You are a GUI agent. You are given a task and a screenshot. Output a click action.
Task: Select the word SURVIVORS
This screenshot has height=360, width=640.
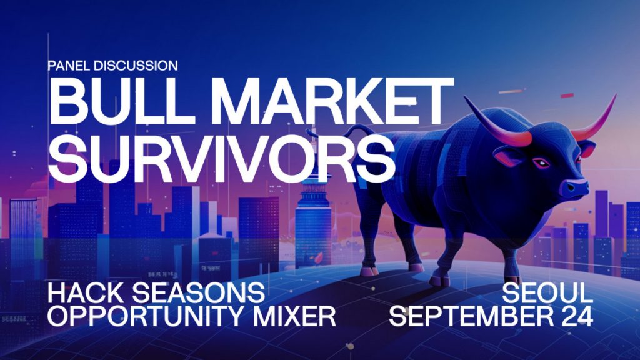pos(222,158)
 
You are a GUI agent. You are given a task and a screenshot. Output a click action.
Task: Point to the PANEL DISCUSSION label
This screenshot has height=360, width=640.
pos(112,65)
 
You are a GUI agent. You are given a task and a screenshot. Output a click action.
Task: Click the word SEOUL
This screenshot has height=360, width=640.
pos(547,292)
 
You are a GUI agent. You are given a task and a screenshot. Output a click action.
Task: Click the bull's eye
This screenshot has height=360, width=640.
pos(542,163)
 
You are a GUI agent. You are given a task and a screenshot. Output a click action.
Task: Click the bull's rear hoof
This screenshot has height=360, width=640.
pos(369,271)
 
